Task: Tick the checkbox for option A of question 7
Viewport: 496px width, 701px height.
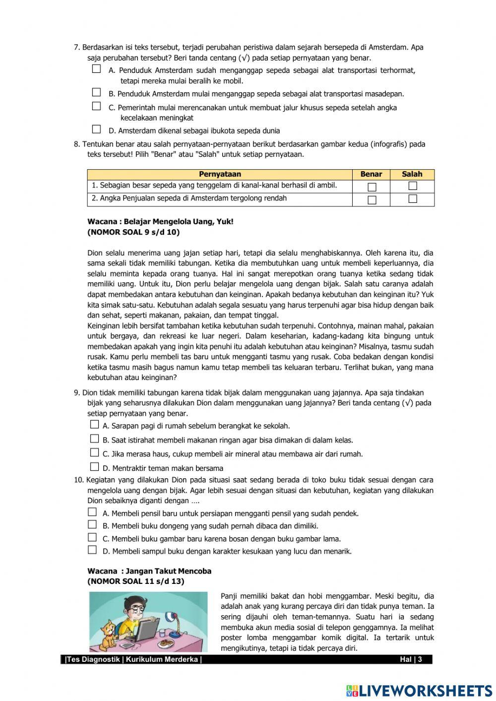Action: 96,69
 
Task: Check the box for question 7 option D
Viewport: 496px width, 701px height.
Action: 96,129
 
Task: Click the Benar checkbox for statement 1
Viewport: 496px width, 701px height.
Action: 372,187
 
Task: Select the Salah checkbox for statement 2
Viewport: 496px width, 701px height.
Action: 412,199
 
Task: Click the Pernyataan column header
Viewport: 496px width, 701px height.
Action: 220,174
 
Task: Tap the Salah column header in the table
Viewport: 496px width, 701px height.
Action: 412,174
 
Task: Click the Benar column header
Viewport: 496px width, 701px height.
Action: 371,174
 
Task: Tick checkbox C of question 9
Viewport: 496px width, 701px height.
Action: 94,452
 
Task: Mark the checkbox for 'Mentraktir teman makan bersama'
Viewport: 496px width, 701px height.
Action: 94,467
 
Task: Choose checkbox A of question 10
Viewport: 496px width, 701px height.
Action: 92,512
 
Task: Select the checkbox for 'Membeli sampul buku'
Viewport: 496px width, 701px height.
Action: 92,550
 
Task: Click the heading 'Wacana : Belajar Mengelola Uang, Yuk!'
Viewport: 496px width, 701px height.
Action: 160,222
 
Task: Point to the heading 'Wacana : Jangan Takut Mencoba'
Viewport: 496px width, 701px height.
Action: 149,571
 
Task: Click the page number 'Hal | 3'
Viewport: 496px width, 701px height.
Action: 411,659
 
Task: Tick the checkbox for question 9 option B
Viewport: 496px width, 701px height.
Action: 94,439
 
